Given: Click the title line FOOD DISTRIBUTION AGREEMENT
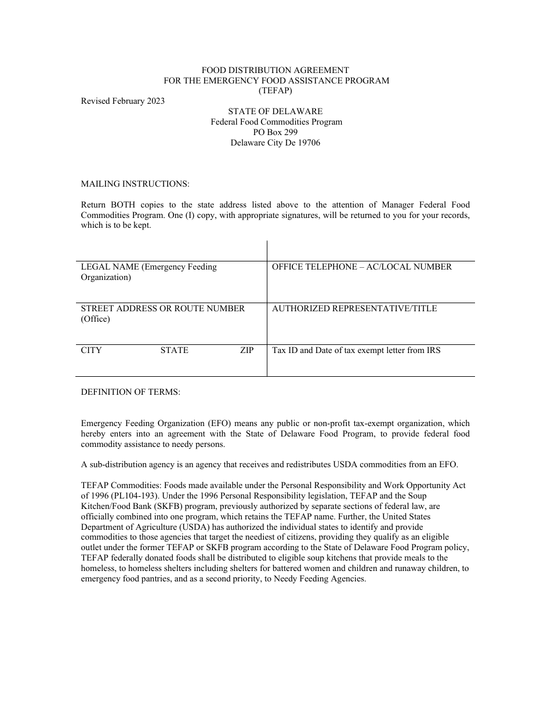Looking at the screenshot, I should [275, 70].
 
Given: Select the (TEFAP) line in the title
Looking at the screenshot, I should [275, 90].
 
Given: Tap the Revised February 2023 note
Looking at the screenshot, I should [122, 101].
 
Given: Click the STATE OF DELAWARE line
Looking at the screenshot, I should [275, 111].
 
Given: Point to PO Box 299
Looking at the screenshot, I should [275, 132].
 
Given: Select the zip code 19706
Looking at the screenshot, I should [309, 143].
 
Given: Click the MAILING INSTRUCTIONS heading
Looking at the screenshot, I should [135, 184].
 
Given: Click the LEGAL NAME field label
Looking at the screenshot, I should [148, 272].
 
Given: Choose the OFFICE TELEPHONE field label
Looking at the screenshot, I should [361, 267].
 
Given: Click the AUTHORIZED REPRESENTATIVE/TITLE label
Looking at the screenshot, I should [354, 308].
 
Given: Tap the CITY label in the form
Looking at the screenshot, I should [91, 350].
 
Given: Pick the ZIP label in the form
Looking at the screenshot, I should [246, 350].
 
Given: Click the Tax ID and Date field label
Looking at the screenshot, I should [356, 350].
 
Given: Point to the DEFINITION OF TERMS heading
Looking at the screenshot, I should [130, 392].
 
